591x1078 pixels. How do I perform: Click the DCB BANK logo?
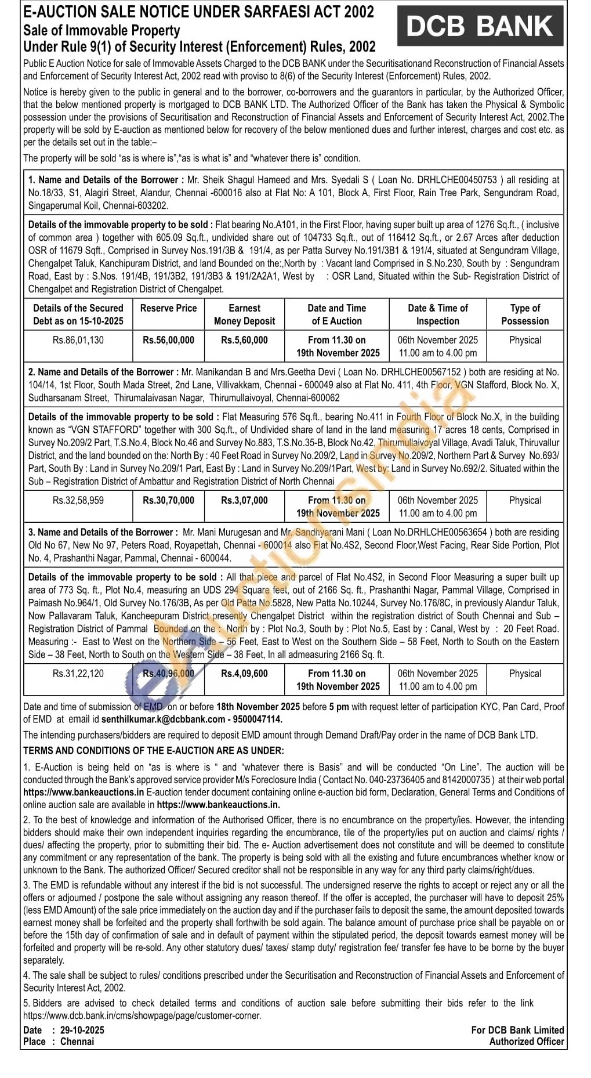(480, 26)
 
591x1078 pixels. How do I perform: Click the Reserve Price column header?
(168, 308)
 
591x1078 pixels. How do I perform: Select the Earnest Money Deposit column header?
(244, 314)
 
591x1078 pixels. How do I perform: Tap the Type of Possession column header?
(525, 314)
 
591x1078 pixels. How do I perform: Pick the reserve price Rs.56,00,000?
(168, 340)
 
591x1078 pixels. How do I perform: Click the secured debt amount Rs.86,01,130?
(78, 340)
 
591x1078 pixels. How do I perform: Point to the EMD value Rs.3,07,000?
(244, 500)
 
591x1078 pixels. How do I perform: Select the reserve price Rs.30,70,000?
(168, 500)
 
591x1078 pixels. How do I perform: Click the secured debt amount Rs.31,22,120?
(78, 674)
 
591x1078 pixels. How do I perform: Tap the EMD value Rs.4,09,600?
(244, 674)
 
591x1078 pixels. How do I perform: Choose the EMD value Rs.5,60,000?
(244, 340)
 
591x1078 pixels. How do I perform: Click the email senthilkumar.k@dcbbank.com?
(163, 719)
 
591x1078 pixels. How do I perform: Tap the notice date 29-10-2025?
(78, 1030)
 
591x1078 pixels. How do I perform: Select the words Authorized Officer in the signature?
(526, 1041)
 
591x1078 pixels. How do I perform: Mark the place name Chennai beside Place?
(77, 1041)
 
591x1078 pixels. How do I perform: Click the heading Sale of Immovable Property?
(101, 30)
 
